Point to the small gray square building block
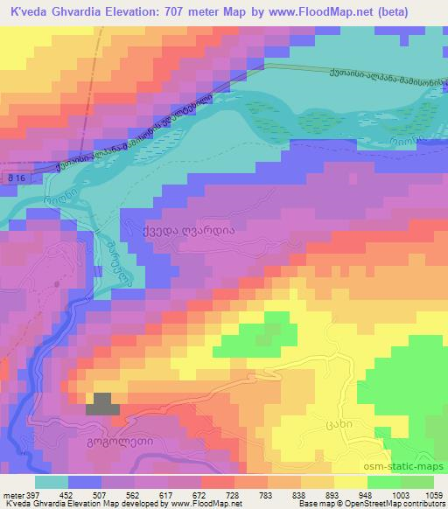(104, 404)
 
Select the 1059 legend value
(435, 494)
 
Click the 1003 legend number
(399, 494)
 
